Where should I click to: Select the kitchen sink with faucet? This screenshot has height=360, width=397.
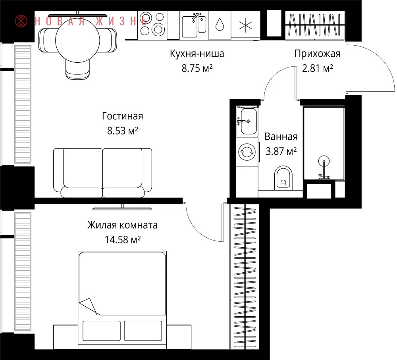point(194,25)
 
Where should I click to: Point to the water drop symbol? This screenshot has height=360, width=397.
point(220,25)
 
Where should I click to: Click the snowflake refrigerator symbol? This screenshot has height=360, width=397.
point(246,25)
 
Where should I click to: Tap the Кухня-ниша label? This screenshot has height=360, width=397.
point(197,54)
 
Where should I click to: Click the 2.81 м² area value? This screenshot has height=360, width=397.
point(318,68)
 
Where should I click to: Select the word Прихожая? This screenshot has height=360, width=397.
point(318,54)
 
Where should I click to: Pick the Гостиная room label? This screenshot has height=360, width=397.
point(123,116)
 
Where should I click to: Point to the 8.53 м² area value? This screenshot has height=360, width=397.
point(123,131)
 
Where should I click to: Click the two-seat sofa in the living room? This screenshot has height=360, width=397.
point(102,173)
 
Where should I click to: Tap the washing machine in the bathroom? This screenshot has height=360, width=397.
point(247,152)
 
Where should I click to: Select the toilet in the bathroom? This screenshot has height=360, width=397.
point(283,178)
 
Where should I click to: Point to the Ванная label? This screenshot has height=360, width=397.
point(281,137)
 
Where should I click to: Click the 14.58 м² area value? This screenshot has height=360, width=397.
point(123,239)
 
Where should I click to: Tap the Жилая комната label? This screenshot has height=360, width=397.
point(123,225)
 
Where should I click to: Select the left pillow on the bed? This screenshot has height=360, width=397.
point(102,331)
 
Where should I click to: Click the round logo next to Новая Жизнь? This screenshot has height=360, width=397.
point(21,21)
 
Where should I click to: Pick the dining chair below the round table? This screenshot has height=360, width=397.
point(77,69)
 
